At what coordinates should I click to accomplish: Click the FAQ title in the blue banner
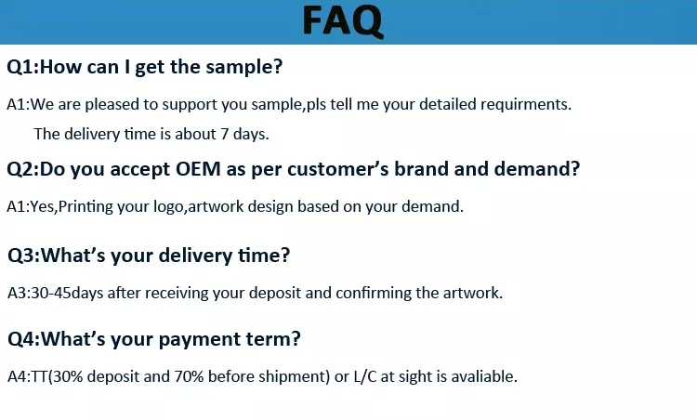tap(343, 20)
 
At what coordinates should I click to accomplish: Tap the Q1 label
tap(20, 67)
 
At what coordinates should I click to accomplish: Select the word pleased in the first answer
tap(112, 105)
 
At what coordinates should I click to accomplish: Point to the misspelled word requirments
tap(523, 105)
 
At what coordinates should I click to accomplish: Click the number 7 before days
tap(225, 134)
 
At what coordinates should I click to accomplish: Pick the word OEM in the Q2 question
tap(198, 169)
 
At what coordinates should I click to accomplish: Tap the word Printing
tap(85, 207)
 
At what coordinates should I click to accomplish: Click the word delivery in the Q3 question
tap(195, 256)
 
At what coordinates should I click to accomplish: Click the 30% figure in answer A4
tap(67, 376)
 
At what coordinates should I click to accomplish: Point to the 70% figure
tap(189, 376)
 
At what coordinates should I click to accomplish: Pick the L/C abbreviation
tap(365, 376)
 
